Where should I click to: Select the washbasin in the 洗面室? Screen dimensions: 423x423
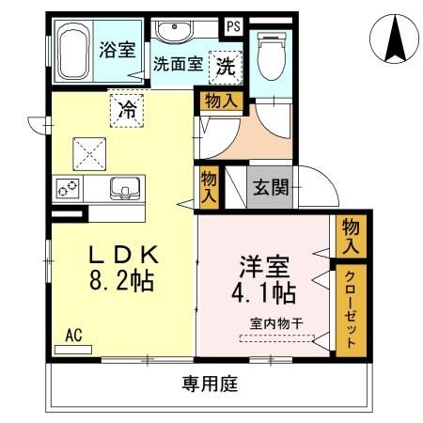[174, 33]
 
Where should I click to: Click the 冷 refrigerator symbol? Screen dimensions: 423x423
[127, 109]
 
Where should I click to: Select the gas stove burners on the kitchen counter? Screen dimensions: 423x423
[69, 189]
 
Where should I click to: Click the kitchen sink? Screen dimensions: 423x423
[123, 189]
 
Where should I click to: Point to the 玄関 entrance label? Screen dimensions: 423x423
[270, 187]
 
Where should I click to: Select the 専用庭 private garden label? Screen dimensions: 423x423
[208, 383]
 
